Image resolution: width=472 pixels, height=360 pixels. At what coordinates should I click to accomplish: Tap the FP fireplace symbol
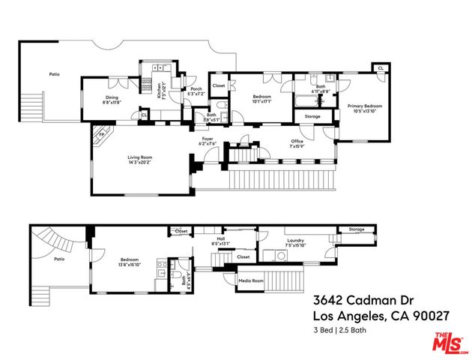coord(97,136)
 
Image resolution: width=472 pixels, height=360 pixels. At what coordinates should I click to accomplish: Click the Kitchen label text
coord(160,90)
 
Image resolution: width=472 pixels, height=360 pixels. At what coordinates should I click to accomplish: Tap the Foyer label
coord(207,140)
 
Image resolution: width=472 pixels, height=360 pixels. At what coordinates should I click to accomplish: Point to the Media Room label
coord(251,281)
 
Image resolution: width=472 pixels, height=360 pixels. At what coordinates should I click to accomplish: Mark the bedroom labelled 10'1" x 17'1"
coord(261,100)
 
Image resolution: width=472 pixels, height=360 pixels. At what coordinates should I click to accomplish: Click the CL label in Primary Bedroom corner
coord(381,68)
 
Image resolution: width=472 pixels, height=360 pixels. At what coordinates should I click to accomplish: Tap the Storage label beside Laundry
coord(356,229)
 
